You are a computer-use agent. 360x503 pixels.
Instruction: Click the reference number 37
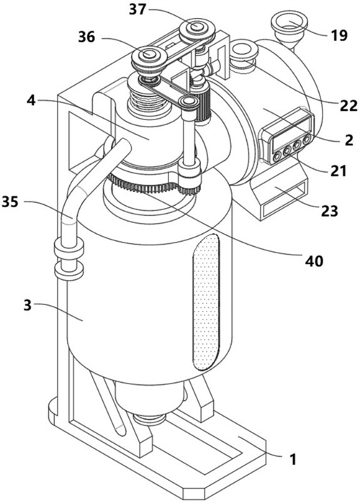(x=138, y=10)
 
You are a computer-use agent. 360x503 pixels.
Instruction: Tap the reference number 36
(x=86, y=37)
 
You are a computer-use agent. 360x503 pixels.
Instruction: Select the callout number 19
(x=339, y=35)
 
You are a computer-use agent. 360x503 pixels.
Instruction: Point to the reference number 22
(x=348, y=105)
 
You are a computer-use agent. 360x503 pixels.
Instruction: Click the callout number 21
(x=339, y=171)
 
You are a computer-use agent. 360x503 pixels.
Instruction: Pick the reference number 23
(x=329, y=211)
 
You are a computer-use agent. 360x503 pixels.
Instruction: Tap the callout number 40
(x=314, y=260)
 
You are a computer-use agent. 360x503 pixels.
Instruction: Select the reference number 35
(x=10, y=202)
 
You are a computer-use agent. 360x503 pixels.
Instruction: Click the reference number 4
(x=31, y=101)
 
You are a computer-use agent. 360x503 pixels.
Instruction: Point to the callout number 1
(x=293, y=459)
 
